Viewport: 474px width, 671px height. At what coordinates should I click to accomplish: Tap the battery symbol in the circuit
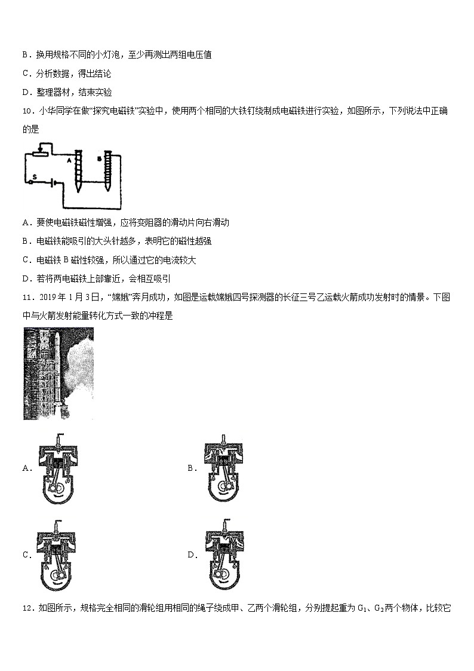coord(54,183)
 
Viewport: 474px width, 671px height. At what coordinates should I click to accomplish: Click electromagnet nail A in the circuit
coord(78,170)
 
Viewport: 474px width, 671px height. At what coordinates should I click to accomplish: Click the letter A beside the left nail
coord(69,160)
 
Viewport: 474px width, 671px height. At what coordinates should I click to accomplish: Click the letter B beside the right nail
coord(99,159)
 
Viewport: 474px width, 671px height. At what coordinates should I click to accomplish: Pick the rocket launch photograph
coord(59,373)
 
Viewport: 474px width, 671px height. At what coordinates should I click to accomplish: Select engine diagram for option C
coord(58,554)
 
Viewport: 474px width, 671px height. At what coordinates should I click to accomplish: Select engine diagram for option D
coord(224,554)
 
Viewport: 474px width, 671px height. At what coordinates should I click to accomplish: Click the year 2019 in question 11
coord(46,297)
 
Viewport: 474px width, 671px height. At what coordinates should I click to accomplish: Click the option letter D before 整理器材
coord(25,93)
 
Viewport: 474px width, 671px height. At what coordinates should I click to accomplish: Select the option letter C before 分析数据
coord(25,74)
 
